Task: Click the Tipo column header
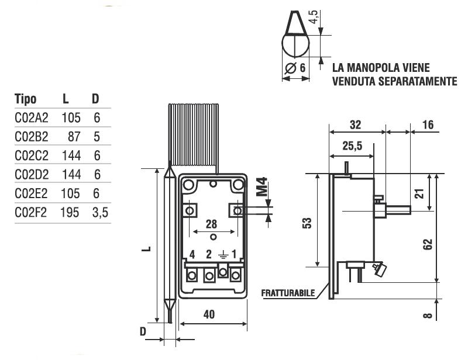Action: [x=25, y=99]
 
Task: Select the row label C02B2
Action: [x=31, y=137]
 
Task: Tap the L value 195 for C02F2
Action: [x=70, y=212]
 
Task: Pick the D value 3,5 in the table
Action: [x=100, y=212]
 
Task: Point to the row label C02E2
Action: [x=31, y=193]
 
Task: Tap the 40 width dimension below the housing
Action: [x=209, y=314]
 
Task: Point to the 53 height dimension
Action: [x=308, y=223]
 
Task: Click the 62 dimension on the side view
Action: [x=427, y=243]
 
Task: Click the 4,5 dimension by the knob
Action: [x=316, y=16]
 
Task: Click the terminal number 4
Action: [x=192, y=254]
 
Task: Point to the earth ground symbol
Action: [x=222, y=254]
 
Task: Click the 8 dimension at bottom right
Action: [x=427, y=316]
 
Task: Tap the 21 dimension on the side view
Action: [x=419, y=193]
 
